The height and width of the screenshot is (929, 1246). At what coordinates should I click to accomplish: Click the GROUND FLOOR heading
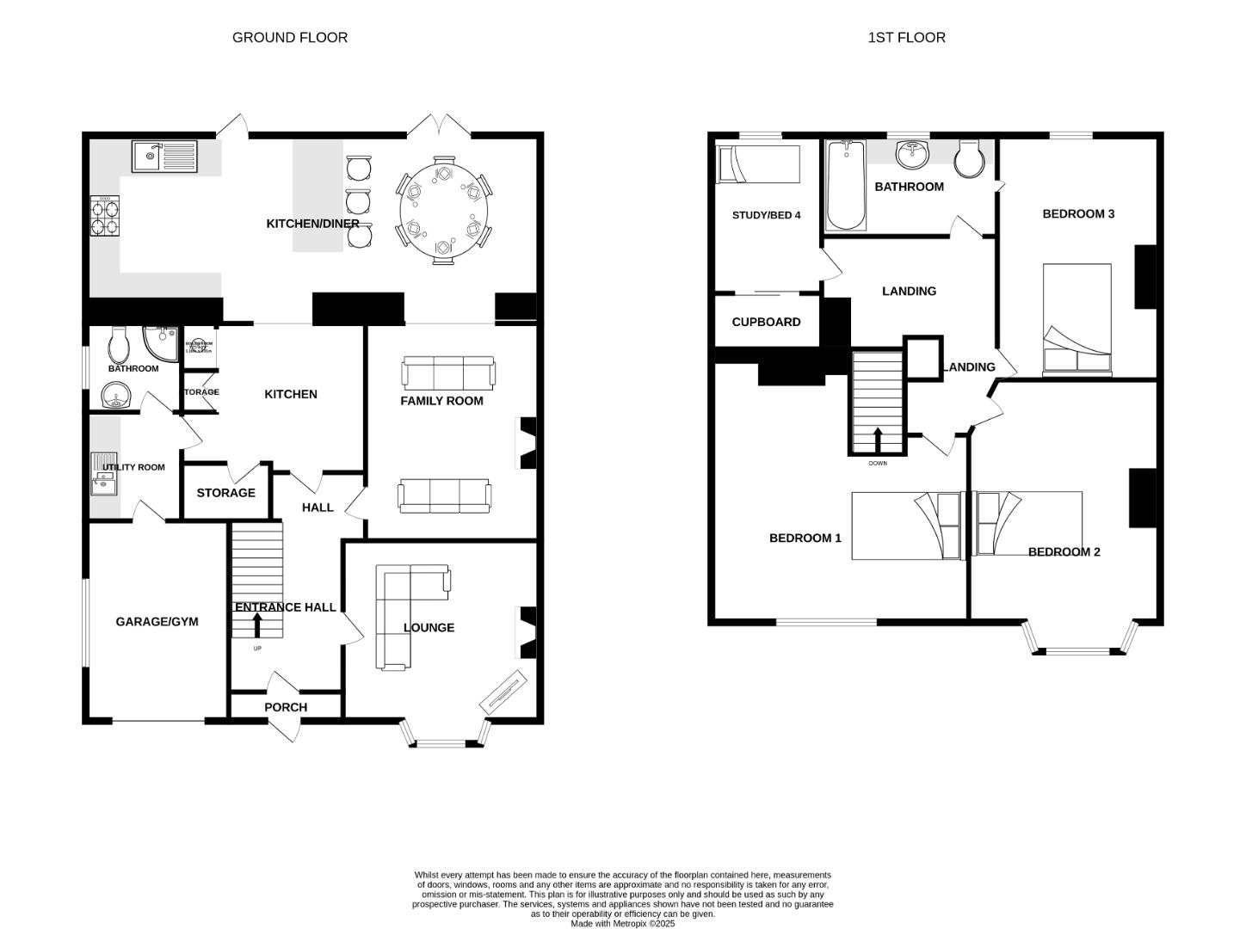(x=290, y=37)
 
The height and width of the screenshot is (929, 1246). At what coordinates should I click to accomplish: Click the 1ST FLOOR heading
(x=906, y=37)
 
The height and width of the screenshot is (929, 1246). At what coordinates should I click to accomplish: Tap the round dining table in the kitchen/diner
(x=443, y=211)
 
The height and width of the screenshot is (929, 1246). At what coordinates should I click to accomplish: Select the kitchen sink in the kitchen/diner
(x=164, y=157)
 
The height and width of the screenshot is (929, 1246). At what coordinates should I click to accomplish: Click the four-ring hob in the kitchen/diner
(x=105, y=216)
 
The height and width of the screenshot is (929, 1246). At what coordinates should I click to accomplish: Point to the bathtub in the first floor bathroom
(x=846, y=186)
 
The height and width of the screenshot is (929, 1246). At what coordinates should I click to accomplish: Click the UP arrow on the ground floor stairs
(x=256, y=624)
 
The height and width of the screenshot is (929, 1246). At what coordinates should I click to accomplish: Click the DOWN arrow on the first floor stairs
(x=878, y=439)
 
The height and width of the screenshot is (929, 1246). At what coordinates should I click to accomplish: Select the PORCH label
(x=286, y=707)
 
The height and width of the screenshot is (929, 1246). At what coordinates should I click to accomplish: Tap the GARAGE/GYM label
(x=157, y=621)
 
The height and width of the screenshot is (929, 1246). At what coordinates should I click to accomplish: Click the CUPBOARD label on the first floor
(x=766, y=322)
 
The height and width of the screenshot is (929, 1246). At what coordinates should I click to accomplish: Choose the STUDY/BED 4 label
(x=766, y=215)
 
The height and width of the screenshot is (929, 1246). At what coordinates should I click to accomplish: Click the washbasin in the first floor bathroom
(x=912, y=156)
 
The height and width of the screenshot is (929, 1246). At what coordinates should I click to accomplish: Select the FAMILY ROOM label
(x=441, y=401)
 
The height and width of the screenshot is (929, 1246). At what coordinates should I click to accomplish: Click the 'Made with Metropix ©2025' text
(x=622, y=924)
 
